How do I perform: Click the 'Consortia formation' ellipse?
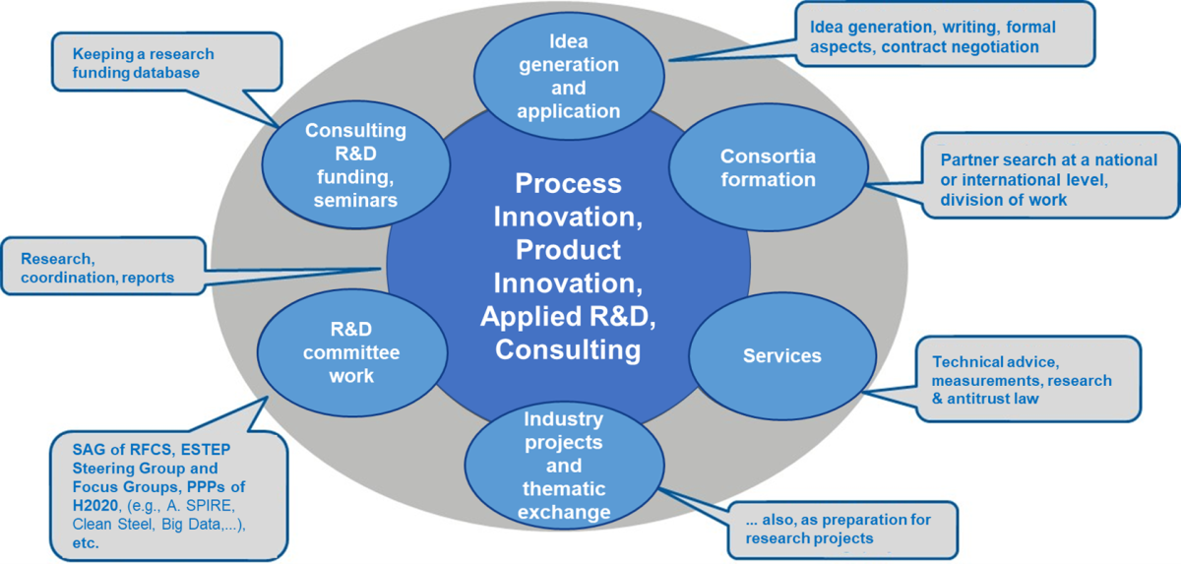pos(769,167)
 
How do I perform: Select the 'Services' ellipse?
pos(782,356)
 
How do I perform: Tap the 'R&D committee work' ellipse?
pos(351,352)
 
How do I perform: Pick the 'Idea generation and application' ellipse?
pos(569,76)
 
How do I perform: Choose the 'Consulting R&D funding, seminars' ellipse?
pos(356,164)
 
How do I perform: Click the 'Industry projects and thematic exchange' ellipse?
pos(564,466)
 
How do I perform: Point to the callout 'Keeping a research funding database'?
pos(166,62)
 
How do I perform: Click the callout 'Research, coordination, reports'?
pos(103,266)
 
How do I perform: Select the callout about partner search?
pos(1050,175)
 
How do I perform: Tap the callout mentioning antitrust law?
pos(1028,379)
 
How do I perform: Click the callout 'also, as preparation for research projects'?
pos(842,530)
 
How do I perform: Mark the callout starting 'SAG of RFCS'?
pos(168,496)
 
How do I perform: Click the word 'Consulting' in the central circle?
pos(568,350)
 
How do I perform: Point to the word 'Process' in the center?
pos(569,184)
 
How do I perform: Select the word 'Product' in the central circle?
pos(569,250)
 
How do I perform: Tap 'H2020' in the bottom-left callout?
pos(94,506)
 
